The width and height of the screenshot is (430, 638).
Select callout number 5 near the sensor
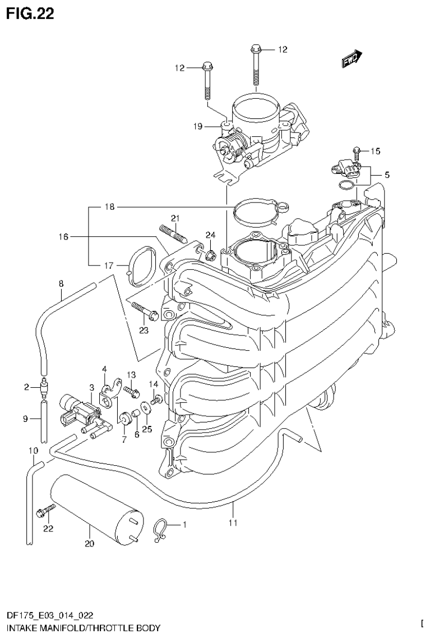[387, 175]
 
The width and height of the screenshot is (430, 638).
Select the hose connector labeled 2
[43, 387]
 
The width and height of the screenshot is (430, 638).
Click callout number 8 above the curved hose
[61, 284]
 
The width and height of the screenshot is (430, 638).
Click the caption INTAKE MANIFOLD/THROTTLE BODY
[84, 627]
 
